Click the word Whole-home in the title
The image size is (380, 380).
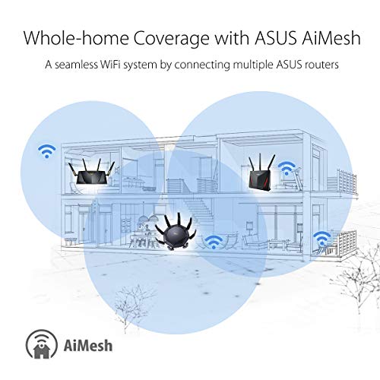[x=76, y=38]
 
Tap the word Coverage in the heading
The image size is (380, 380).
[x=172, y=38]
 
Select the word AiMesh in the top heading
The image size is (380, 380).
[x=331, y=38]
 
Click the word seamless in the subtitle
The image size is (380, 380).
[x=76, y=65]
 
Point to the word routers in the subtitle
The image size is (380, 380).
[x=321, y=65]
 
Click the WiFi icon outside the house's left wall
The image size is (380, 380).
[x=46, y=151]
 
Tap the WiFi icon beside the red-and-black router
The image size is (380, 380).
[x=287, y=169]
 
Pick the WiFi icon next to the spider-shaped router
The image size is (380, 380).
[x=214, y=242]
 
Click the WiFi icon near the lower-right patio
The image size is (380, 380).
[x=321, y=239]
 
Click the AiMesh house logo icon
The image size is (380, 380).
[x=42, y=344]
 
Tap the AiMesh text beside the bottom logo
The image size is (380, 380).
[x=88, y=346]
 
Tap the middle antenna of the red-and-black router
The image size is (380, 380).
[x=260, y=163]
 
